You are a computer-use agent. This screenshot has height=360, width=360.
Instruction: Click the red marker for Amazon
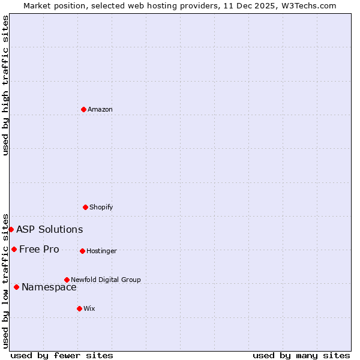[x=83, y=109]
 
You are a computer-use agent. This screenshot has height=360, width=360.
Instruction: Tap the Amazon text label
[x=100, y=109]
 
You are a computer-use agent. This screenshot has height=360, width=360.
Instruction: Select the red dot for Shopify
[x=85, y=207]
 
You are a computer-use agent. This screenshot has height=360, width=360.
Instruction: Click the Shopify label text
[x=101, y=207]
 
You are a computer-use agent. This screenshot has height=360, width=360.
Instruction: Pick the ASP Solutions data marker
[x=11, y=229]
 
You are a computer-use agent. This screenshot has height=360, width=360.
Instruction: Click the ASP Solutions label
[x=49, y=229]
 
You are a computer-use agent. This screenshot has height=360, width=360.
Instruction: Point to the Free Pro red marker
[x=14, y=249]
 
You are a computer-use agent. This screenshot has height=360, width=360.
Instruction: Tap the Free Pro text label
[x=39, y=249]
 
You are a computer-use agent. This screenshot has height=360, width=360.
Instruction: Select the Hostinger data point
[x=82, y=251]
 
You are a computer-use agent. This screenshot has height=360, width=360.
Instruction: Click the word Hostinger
[x=101, y=251]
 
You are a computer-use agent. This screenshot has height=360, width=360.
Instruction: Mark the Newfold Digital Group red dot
[x=67, y=280]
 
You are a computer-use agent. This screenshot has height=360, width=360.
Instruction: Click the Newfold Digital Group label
[x=106, y=280]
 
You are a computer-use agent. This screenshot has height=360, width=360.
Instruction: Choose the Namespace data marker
[x=16, y=287]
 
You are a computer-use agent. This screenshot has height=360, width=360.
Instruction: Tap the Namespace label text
[x=49, y=287]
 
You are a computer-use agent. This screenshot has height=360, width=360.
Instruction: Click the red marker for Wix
[x=79, y=308]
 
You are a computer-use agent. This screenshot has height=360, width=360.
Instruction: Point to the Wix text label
[x=89, y=308]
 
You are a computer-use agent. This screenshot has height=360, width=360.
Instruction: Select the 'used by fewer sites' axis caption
[x=62, y=355]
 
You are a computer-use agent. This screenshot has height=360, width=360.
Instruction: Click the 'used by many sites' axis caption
[x=301, y=355]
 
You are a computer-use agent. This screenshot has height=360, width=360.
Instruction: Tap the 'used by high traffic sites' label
[x=5, y=86]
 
